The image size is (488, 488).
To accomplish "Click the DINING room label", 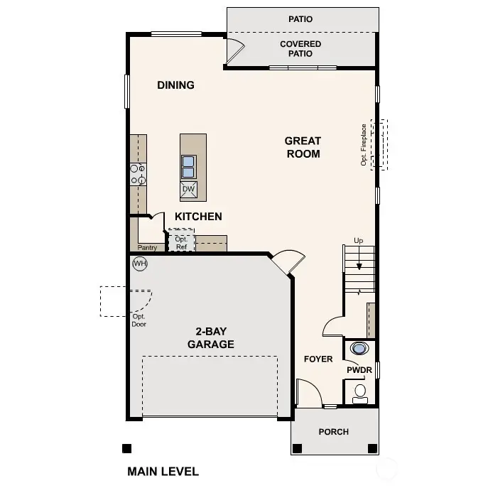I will [175, 85].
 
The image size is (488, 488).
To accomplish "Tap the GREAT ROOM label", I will [303, 147].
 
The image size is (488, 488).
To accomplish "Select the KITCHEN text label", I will [198, 217].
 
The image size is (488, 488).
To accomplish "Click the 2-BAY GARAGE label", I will [210, 337].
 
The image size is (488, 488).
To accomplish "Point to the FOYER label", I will [318, 359].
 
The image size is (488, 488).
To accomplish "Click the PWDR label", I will [359, 370].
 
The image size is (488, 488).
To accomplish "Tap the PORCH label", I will [333, 431].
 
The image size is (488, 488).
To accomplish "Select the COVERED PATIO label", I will [300, 49].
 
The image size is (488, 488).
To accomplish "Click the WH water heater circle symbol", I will [140, 264].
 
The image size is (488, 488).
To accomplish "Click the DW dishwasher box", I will [188, 189].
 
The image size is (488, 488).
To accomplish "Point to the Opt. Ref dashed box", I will [181, 240].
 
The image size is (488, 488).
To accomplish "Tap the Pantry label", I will [147, 248].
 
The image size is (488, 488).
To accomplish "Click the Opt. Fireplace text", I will [364, 145].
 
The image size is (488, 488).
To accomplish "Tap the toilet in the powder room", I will [360, 392].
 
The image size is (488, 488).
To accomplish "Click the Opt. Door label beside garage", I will [139, 320].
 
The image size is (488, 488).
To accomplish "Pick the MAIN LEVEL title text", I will [163, 471].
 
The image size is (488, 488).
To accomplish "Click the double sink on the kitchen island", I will [188, 166].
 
